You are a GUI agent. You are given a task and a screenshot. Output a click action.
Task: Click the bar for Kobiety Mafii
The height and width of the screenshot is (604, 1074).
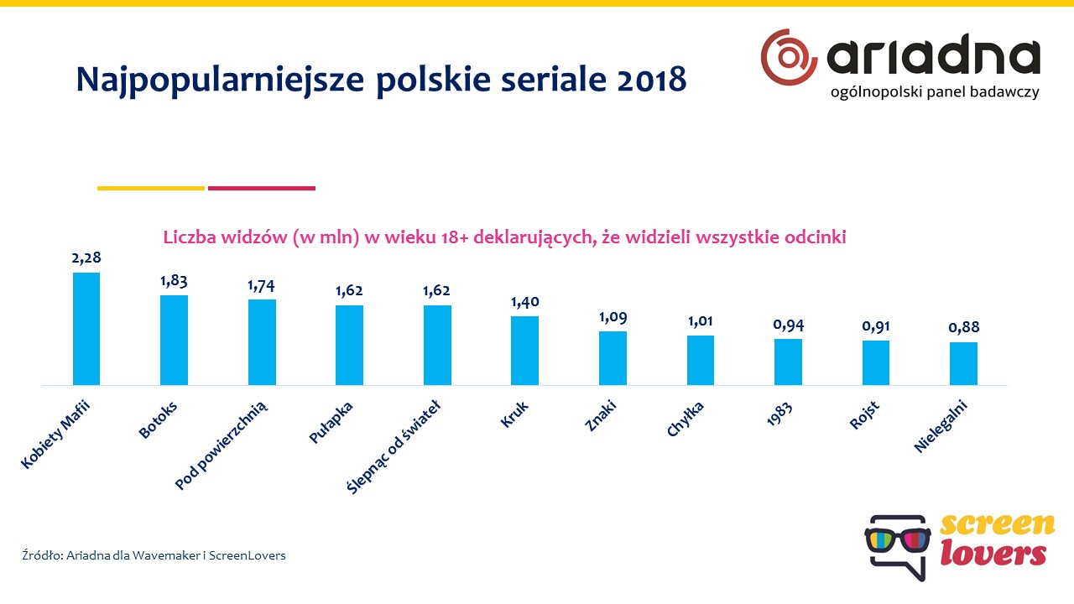(x=86, y=329)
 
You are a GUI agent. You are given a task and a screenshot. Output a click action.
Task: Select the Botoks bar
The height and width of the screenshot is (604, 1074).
(x=174, y=340)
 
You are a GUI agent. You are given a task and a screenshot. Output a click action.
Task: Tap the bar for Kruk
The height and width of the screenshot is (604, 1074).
(x=524, y=351)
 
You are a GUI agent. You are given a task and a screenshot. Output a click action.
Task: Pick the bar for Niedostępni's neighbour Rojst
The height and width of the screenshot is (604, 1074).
(x=876, y=362)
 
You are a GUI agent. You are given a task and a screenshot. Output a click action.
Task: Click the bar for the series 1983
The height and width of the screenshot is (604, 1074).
(x=788, y=362)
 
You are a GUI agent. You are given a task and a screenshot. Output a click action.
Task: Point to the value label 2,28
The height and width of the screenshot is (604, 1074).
(x=86, y=258)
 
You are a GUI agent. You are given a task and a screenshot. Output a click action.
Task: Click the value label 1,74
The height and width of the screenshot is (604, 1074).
(x=261, y=285)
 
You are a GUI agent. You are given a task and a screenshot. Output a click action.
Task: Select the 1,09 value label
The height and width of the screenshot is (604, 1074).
(x=613, y=318)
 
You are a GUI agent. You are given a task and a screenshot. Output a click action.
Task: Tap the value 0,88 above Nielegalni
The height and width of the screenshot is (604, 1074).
(x=964, y=328)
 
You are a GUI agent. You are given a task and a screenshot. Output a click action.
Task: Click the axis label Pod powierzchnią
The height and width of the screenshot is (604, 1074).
(x=222, y=445)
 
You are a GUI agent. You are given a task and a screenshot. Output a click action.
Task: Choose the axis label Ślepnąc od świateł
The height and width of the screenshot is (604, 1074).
(x=394, y=445)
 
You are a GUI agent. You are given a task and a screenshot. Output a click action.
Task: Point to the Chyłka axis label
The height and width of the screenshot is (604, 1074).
(x=686, y=419)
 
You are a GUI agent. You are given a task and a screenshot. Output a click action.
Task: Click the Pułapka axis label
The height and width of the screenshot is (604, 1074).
(x=331, y=422)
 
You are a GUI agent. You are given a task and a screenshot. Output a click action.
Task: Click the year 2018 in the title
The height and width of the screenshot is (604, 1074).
(x=651, y=79)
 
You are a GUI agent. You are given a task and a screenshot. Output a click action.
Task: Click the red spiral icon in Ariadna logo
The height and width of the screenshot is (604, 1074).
(x=789, y=56)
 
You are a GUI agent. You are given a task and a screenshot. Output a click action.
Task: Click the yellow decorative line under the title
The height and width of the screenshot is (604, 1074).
(x=151, y=188)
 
